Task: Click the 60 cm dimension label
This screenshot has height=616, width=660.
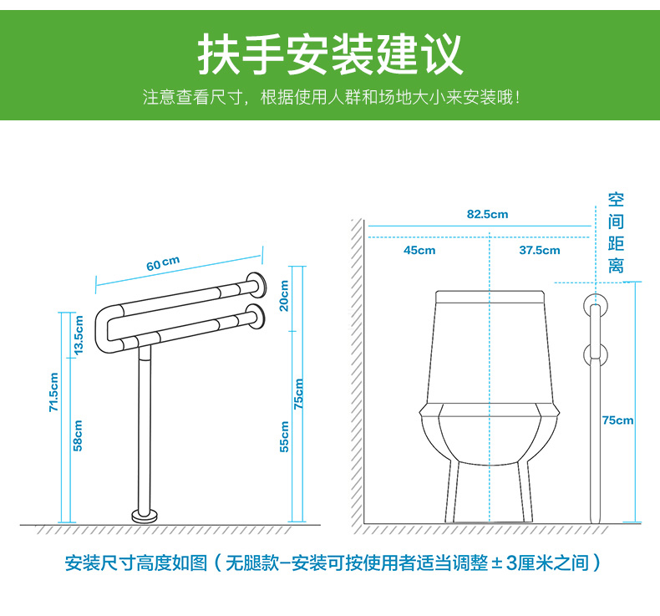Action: [x=163, y=263]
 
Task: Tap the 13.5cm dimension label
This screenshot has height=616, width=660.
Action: [x=79, y=335]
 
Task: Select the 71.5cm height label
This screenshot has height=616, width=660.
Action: [x=53, y=392]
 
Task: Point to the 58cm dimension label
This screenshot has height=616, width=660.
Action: [x=78, y=435]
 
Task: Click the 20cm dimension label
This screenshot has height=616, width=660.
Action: [x=285, y=296]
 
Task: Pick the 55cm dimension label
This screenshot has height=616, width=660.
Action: [x=285, y=436]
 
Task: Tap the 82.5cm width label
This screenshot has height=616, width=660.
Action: [x=487, y=214]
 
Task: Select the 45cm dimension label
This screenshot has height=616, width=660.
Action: [x=419, y=250]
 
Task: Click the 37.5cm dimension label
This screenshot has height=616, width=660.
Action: [x=540, y=250]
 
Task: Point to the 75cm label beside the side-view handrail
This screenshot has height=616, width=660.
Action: [x=617, y=420]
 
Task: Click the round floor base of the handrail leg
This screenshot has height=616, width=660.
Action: [x=145, y=516]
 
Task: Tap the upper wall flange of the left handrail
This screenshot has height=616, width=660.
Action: [x=256, y=284]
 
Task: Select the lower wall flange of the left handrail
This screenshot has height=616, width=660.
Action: [x=256, y=316]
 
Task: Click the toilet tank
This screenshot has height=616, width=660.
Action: [x=490, y=348]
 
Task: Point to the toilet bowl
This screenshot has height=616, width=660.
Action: [x=489, y=434]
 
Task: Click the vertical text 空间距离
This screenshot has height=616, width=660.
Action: [x=616, y=233]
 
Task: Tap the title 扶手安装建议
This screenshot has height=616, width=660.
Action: [x=331, y=53]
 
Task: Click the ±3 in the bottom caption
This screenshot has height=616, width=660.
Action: [x=504, y=563]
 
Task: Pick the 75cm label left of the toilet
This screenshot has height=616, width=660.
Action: [x=298, y=394]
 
